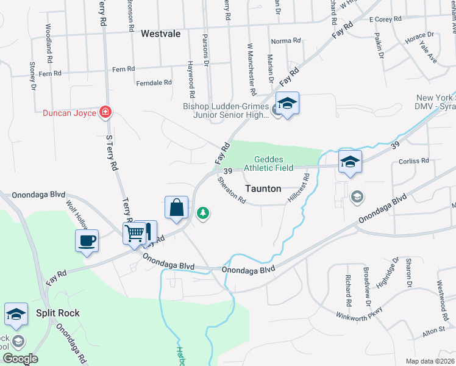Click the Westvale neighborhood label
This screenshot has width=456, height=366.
(x=160, y=34)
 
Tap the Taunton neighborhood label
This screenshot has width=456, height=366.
(x=263, y=189)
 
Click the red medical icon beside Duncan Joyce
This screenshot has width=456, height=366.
(x=105, y=112)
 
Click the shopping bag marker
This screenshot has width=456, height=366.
(x=176, y=207)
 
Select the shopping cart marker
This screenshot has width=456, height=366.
(x=135, y=232)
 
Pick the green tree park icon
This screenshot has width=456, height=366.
(x=203, y=213)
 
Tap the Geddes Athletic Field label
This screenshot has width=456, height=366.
(x=269, y=163)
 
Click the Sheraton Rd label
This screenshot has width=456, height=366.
(x=232, y=190)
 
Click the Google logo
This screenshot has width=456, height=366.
(x=20, y=359)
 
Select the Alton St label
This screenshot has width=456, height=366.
(x=433, y=331)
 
